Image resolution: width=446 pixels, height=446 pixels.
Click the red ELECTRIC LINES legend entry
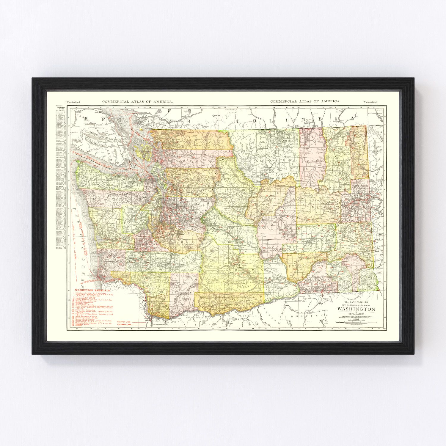124,322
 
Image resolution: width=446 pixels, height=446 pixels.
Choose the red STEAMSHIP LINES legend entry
125,325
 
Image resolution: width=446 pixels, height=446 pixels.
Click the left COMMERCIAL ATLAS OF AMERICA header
137,101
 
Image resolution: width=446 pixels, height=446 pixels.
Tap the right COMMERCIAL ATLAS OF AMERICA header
305,101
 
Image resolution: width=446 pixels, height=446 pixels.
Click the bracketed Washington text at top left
73,102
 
